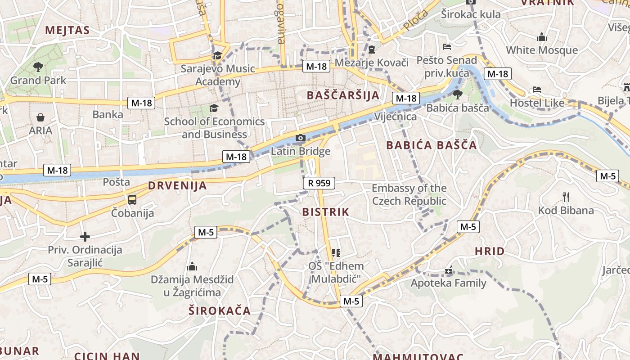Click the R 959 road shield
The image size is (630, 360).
pyautogui.click(x=319, y=183)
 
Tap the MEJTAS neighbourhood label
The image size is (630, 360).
pyautogui.click(x=67, y=31)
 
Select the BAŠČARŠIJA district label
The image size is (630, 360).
pyautogui.click(x=343, y=95)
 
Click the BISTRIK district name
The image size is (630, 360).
pyautogui.click(x=326, y=212)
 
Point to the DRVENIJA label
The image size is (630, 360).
pyautogui.click(x=177, y=185)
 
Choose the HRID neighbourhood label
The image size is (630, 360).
pyautogui.click(x=490, y=252)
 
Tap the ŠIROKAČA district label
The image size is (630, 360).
pyautogui.click(x=220, y=310)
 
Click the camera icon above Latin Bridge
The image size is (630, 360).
pyautogui.click(x=301, y=138)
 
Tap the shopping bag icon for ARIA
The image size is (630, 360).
pyautogui.click(x=40, y=118)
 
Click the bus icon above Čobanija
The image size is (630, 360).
pyautogui.click(x=132, y=200)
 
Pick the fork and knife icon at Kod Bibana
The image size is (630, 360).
pyautogui.click(x=566, y=197)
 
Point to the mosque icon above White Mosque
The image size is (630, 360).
pyautogui.click(x=542, y=37)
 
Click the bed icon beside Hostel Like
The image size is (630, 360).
pyautogui.click(x=536, y=90)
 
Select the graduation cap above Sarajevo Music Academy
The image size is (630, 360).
pyautogui.click(x=218, y=55)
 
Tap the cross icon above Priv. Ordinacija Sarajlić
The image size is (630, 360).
pyautogui.click(x=85, y=237)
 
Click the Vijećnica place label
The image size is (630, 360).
pyautogui.click(x=396, y=117)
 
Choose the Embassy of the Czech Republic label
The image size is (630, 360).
pyautogui.click(x=409, y=194)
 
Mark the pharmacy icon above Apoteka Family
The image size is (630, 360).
pyautogui.click(x=448, y=270)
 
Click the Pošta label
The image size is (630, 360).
pyautogui.click(x=117, y=182)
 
